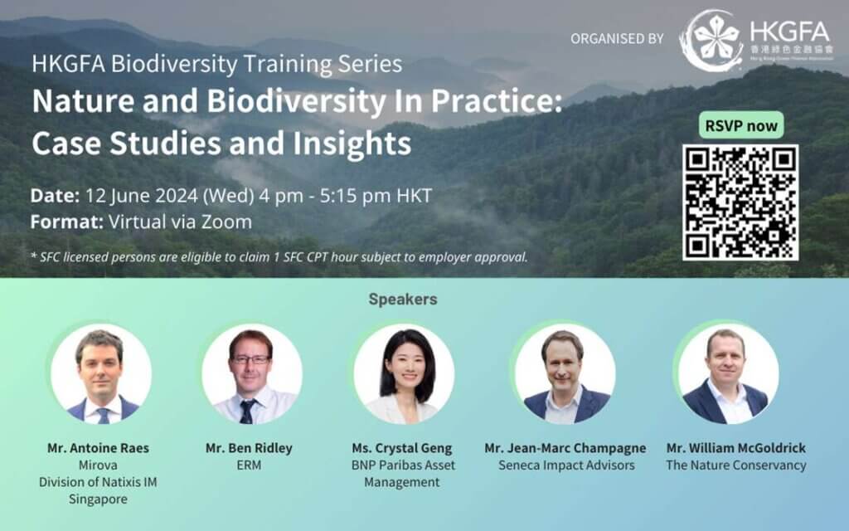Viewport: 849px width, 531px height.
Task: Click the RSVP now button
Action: click(741, 126)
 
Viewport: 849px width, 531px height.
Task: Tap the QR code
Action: click(740, 202)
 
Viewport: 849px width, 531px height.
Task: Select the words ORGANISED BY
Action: click(618, 39)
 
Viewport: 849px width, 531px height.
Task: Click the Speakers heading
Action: click(402, 300)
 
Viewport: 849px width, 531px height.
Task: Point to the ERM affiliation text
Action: click(249, 465)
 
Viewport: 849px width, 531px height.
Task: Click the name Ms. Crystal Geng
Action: click(402, 448)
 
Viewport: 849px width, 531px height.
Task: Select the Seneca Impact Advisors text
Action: click(566, 465)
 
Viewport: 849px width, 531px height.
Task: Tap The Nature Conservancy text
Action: click(735, 465)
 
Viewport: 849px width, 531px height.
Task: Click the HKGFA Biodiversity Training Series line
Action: click(217, 64)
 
